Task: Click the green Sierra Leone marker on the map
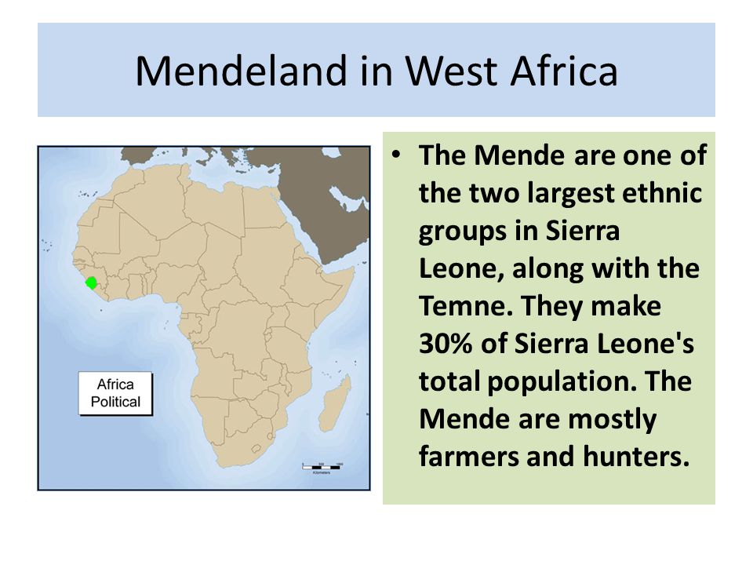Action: click(92, 282)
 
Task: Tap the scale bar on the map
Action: click(322, 466)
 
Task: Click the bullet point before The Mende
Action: click(402, 155)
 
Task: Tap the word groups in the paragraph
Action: click(461, 231)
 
